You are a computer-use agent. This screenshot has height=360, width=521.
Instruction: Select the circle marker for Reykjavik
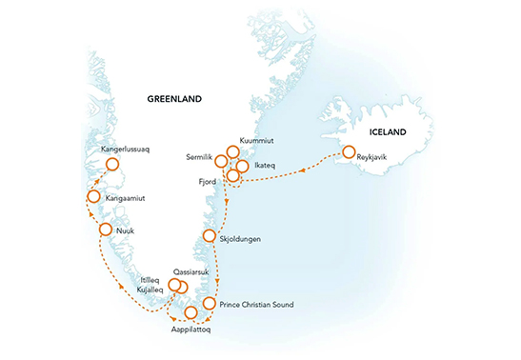[349, 152]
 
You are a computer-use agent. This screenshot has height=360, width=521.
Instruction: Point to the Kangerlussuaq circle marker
[113, 166]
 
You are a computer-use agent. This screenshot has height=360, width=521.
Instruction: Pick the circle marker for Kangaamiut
[94, 197]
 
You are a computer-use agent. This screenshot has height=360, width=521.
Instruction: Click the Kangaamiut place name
[127, 199]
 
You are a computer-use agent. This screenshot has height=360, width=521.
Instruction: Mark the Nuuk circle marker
[106, 230]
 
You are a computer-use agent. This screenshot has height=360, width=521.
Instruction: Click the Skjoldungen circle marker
[210, 236]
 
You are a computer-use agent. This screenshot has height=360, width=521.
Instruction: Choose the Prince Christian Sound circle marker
[209, 304]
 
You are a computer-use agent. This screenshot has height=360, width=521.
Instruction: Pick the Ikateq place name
[266, 166]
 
